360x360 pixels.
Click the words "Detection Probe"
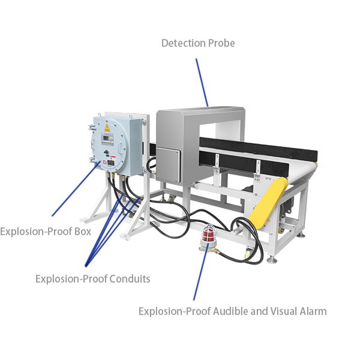click(x=198, y=43)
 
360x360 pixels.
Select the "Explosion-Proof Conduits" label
click(x=92, y=278)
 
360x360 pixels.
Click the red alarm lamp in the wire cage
click(x=210, y=233)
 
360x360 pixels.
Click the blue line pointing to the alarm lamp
click(x=200, y=274)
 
